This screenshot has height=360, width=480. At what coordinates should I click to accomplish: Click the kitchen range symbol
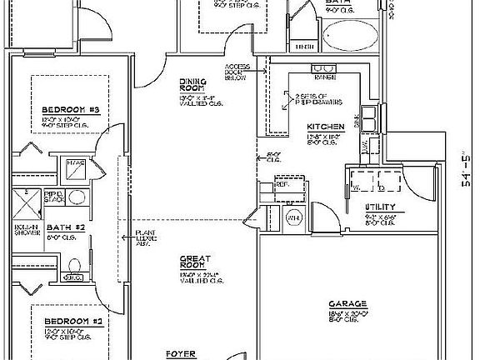point(322,68)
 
